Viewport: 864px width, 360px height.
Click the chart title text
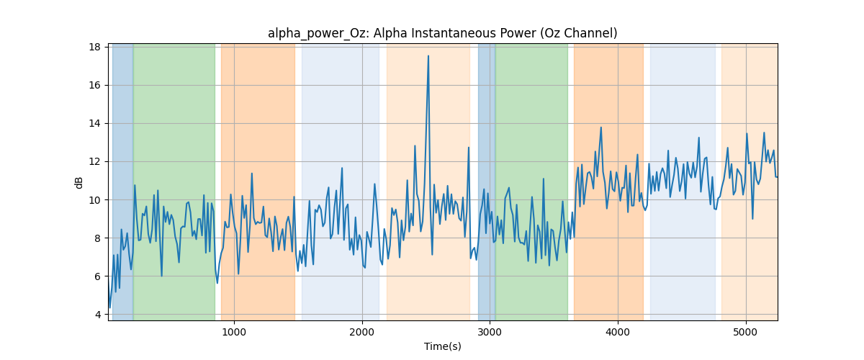pos(442,33)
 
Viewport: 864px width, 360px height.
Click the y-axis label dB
pos(78,183)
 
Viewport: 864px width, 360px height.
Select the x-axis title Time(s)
pos(442,346)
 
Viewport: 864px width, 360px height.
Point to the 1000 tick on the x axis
pos(234,332)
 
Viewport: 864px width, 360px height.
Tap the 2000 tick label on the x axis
pos(362,332)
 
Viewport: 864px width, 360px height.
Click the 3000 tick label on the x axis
pos(490,332)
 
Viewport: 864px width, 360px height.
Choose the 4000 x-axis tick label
pos(618,332)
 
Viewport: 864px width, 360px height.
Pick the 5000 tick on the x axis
pos(746,332)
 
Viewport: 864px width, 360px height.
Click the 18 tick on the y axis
pos(94,47)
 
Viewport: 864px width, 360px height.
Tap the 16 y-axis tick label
pos(94,85)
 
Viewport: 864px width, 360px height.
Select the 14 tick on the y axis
pos(94,123)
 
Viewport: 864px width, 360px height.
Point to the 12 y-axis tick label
pos(94,162)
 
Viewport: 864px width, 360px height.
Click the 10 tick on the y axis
pos(94,200)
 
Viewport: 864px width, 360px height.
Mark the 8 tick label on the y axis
pos(98,238)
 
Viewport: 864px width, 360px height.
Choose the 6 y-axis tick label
pos(98,276)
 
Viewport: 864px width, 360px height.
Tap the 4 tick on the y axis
pos(98,315)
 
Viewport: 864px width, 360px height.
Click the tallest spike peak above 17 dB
pos(428,56)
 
